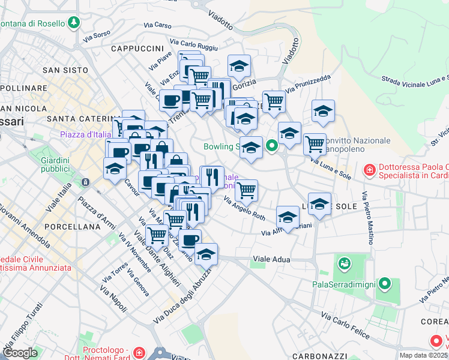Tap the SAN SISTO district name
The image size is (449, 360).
[65, 70]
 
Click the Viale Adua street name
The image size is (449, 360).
[271, 259]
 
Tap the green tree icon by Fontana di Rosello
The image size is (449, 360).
[74, 23]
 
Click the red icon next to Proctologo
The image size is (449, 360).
[139, 351]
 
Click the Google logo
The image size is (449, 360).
[20, 353]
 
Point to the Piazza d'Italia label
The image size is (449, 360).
[85, 134]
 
